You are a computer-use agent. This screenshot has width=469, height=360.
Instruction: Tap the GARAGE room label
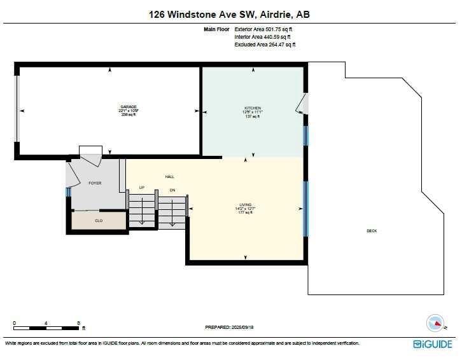128,107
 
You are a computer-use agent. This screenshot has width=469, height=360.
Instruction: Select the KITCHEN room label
253,108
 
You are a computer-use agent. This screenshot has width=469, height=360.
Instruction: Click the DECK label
372,231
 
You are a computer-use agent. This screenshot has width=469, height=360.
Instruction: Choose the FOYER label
95,183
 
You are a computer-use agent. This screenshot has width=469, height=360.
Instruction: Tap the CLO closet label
99,221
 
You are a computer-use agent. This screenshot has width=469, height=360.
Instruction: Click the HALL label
170,177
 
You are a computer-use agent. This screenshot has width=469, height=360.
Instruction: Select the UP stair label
143,187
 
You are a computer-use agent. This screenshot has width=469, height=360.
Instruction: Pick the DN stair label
172,190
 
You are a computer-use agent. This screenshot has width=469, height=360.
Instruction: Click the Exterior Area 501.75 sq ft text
263,29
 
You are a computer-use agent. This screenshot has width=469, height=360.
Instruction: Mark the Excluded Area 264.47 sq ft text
265,45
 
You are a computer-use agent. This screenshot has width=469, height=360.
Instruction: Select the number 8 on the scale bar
78,323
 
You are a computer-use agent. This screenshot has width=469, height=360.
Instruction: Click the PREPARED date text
229,327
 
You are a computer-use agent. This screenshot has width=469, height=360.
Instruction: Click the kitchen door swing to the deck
302,104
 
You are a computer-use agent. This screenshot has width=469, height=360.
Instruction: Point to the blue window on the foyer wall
67,192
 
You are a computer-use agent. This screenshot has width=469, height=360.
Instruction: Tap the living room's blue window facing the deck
305,208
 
